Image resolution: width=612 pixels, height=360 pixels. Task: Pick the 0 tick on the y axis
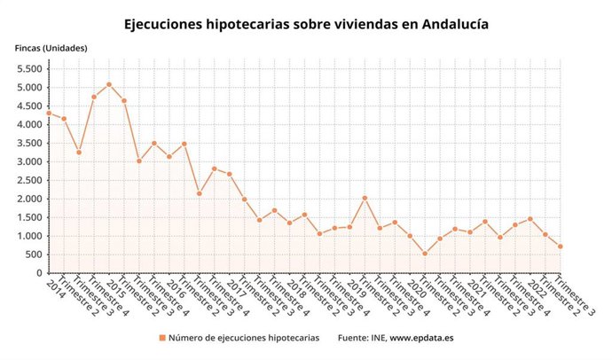[x=39, y=274]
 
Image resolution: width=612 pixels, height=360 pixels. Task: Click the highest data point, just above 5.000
[x=109, y=84]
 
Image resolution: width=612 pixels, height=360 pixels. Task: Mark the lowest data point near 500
[x=425, y=254]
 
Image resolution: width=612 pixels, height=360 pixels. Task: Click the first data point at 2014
[x=49, y=113]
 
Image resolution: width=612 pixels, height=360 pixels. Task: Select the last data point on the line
[x=561, y=247]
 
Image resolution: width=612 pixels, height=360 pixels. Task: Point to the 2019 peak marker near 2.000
[x=365, y=198]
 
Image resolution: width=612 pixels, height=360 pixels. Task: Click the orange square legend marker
[x=162, y=338]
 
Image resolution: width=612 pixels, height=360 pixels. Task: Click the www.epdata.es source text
[x=421, y=338]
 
